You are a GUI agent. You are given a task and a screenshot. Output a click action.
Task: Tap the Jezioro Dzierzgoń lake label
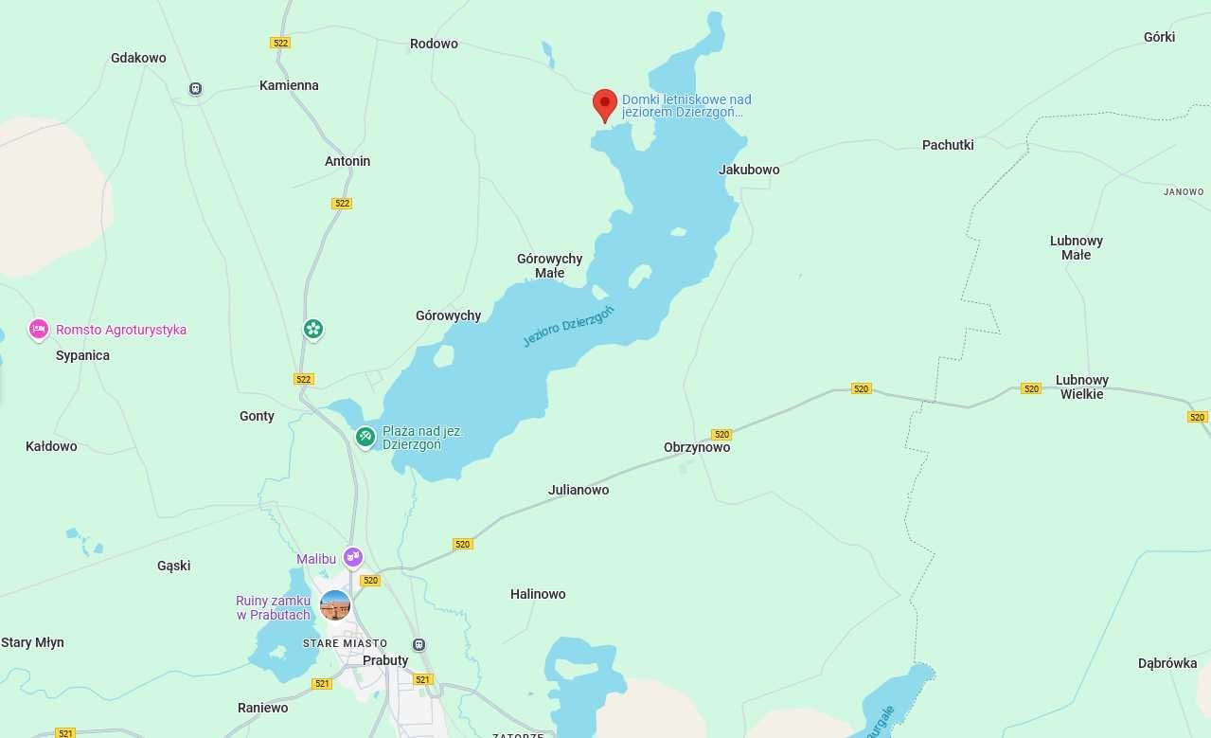568,326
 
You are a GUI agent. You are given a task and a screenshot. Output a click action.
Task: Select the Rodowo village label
434,44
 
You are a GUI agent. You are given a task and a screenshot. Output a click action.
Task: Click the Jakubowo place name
749,170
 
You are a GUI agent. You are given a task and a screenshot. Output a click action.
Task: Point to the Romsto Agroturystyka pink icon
39,329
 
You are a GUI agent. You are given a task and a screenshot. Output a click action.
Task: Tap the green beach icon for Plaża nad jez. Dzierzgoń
365,437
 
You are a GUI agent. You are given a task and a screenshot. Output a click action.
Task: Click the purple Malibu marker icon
353,557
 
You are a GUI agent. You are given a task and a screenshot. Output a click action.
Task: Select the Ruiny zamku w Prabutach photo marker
335,605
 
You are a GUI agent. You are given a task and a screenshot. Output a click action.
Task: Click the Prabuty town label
385,660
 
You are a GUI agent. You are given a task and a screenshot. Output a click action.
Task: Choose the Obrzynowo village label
697,447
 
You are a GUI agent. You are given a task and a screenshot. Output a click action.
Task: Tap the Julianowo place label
579,490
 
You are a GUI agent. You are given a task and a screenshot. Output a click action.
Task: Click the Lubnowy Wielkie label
1082,387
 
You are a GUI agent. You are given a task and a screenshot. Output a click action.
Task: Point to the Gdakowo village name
138,58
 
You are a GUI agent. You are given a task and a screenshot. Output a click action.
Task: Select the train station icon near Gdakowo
195,89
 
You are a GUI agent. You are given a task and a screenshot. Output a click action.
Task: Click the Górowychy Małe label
549,265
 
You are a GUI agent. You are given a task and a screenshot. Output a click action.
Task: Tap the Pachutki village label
948,145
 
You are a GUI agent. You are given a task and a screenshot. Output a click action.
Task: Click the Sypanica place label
82,355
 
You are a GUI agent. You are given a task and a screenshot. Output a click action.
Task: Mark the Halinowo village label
538,594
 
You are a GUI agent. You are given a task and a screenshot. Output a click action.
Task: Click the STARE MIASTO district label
345,643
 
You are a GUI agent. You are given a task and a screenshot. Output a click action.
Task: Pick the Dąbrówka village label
1167,663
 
